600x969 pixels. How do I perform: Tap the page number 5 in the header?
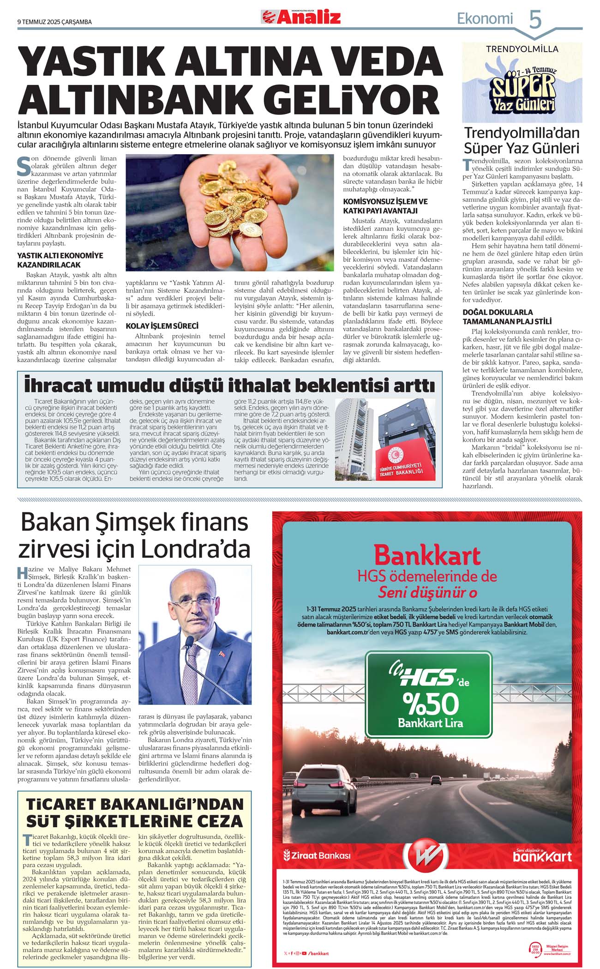tap(535, 20)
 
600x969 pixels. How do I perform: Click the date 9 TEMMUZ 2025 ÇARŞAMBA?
tap(54, 22)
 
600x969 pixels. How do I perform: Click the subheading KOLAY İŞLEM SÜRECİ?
tap(162, 326)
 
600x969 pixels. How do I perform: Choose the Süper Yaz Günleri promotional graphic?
tap(522, 83)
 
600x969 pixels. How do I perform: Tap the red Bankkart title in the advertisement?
tap(427, 555)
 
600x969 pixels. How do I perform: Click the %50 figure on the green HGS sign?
tap(431, 704)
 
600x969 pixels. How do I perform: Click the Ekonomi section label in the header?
tap(485, 18)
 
